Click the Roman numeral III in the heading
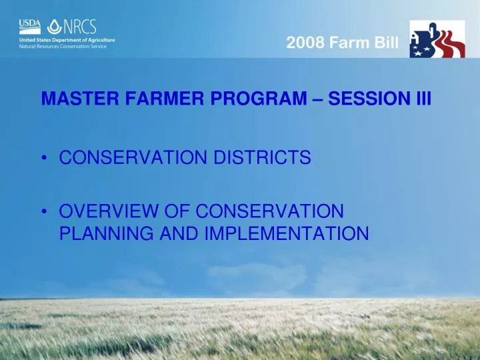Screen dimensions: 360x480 click(423, 99)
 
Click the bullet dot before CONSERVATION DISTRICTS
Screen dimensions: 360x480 click(44, 158)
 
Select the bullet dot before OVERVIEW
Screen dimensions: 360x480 click(44, 213)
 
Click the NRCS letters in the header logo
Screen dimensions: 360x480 click(81, 27)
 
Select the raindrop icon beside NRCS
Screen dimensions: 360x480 click(54, 27)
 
